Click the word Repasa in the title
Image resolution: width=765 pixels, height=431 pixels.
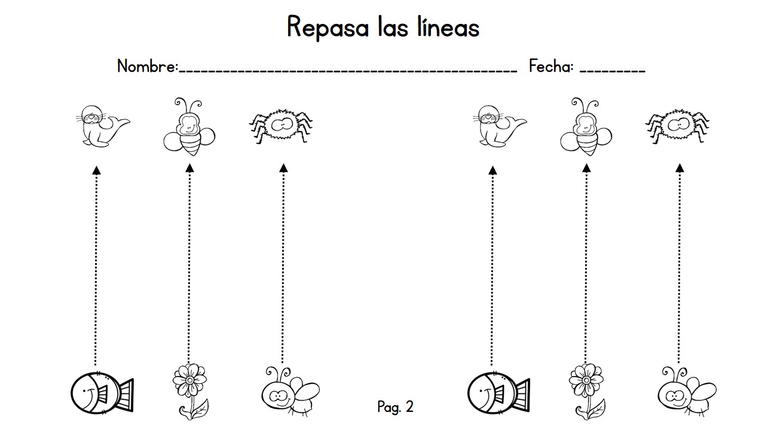[x=328, y=28]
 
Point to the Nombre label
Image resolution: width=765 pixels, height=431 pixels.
[x=148, y=66]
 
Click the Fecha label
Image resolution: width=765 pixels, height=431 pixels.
[x=551, y=66]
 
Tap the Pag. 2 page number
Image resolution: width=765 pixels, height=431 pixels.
[x=396, y=406]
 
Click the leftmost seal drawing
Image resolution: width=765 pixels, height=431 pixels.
[x=102, y=126]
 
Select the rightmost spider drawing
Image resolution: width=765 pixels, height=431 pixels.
[x=678, y=126]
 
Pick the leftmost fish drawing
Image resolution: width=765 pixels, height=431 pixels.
[x=102, y=393]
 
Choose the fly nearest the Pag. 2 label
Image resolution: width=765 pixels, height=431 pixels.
[x=290, y=391]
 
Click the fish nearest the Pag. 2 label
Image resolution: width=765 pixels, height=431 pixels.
[x=498, y=393]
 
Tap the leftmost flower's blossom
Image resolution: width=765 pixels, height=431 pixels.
[x=190, y=380]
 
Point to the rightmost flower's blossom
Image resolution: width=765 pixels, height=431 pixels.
[x=586, y=380]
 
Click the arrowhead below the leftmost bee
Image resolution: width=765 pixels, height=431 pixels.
[x=190, y=168]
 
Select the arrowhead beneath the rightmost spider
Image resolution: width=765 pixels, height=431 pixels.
[x=680, y=168]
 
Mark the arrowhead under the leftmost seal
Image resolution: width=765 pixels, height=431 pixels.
[x=97, y=171]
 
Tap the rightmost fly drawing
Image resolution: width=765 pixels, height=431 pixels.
[x=687, y=391]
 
